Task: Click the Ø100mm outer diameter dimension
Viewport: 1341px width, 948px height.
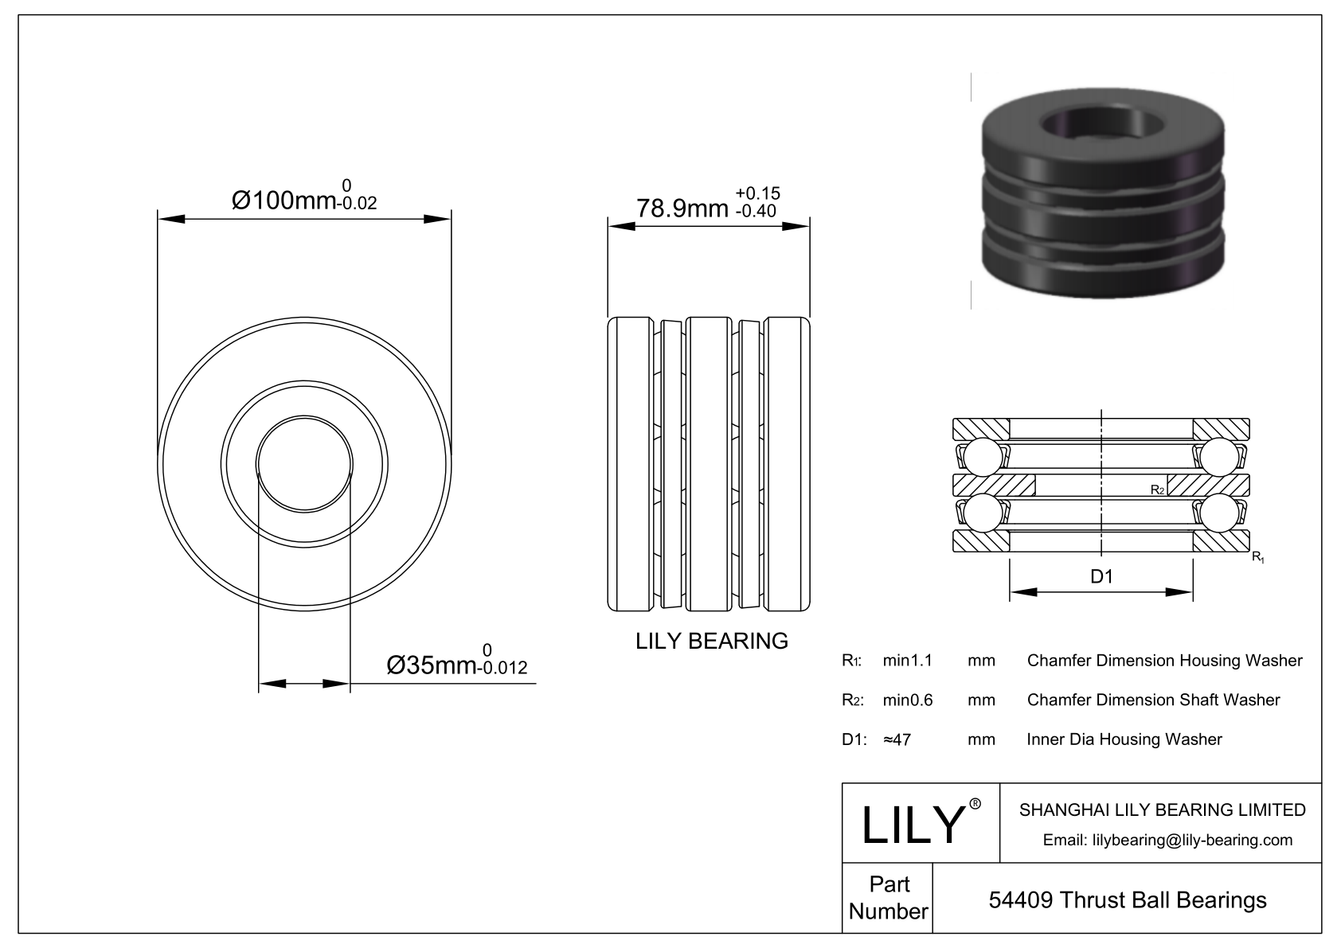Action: point(283,201)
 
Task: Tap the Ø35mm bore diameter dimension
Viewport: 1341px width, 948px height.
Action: point(432,665)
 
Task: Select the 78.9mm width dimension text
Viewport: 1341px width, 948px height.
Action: point(682,209)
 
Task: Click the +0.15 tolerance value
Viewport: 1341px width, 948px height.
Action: point(757,193)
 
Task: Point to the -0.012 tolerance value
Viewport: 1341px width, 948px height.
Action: point(503,667)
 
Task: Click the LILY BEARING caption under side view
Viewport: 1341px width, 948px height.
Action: point(712,641)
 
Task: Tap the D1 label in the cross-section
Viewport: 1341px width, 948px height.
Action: point(1101,576)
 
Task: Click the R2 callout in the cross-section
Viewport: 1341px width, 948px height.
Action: point(1157,490)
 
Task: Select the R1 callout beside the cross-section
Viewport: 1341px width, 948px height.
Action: point(1258,557)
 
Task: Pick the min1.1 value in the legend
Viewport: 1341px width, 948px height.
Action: point(908,660)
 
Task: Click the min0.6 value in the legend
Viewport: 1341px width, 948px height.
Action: point(908,700)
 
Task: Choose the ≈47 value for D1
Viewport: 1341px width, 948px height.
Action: point(897,739)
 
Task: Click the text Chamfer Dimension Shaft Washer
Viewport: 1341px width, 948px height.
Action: point(1154,700)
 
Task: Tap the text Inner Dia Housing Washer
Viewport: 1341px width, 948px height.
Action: point(1124,739)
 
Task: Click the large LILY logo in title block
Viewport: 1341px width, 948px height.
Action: point(913,824)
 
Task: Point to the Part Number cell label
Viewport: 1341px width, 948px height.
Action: point(889,898)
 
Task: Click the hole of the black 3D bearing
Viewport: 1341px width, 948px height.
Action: point(1104,127)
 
